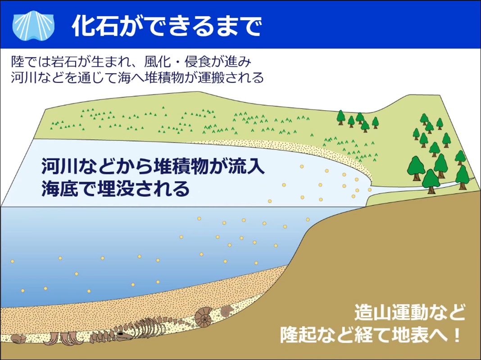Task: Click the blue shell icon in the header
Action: tap(33, 26)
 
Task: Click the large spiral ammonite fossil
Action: tap(204, 317)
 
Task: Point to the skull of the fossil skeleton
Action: tap(123, 336)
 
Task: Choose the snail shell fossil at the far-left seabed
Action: tap(18, 338)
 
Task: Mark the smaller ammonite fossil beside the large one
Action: tap(227, 311)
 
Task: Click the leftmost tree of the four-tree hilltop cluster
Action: tap(341, 117)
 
